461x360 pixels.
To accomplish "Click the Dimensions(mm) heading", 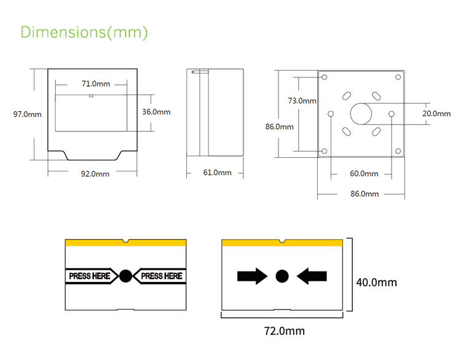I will pos(84,32).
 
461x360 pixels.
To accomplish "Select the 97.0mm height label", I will pos(27,114).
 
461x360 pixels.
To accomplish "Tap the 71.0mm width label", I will pos(95,84).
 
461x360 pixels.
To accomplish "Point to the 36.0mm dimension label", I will pos(156,112).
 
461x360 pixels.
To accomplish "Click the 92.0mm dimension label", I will pos(95,174).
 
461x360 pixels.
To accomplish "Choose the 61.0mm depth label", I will pos(217,173).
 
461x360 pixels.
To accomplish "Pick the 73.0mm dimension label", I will pos(302,101).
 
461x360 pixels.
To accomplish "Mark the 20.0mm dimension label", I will pos(436,114).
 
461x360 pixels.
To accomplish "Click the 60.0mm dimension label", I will pos(364,174).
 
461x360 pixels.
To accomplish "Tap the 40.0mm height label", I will pos(376,283).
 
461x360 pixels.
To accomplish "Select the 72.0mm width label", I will pos(284,331).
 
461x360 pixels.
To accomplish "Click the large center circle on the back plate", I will pos(361,114).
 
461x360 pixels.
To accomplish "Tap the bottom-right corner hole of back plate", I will pos(398,151).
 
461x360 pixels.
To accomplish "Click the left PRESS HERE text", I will pos(89,276).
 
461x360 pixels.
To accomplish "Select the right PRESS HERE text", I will pos(162,276).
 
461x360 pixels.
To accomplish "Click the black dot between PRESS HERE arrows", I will pos(125,276).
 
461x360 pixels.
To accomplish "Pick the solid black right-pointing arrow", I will pos(252,276).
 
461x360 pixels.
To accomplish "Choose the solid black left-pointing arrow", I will pos(312,276).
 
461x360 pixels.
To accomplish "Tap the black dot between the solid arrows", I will pos(282,276).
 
